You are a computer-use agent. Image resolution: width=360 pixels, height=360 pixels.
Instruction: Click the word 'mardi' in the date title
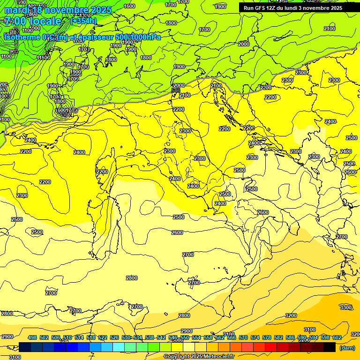[17, 10]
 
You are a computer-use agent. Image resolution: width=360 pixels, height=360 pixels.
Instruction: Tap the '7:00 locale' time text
[33, 22]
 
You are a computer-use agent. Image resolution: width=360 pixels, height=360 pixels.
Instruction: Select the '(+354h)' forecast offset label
[83, 21]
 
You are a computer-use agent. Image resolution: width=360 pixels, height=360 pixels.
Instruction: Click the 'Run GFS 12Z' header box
[292, 8]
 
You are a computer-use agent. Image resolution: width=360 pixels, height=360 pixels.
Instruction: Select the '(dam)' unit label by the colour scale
[347, 348]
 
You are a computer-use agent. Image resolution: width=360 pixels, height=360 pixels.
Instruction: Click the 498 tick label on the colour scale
[32, 337]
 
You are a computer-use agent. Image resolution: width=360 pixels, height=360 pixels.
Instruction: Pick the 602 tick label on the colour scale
[337, 337]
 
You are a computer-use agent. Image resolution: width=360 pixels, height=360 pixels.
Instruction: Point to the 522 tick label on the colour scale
[103, 337]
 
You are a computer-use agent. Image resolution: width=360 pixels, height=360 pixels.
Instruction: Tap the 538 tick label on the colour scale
[150, 337]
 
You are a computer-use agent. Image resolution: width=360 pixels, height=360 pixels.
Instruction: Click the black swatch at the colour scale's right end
[330, 347]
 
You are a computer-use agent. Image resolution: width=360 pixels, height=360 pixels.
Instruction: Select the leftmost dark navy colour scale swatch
[25, 347]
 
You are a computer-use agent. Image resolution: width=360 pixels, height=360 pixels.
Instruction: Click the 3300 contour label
[345, 307]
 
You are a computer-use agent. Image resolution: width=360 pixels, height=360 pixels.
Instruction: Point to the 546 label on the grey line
[176, 90]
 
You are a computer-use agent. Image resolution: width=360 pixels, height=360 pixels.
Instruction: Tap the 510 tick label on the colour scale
[67, 337]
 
